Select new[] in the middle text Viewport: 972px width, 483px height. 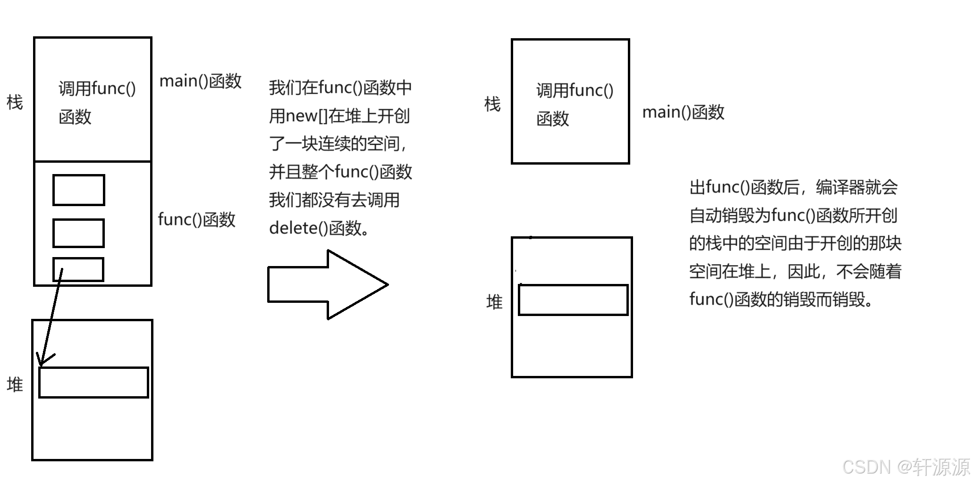coord(306,116)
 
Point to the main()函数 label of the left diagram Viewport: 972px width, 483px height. coord(201,81)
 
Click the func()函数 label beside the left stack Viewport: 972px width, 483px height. coord(196,219)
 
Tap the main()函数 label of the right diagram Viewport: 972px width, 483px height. coord(683,112)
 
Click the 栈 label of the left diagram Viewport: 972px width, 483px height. coord(15,102)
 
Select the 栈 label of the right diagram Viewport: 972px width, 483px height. coord(492,104)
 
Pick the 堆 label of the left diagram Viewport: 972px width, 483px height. coord(15,384)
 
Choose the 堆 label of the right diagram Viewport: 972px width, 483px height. coord(494,302)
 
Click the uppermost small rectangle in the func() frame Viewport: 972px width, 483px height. coord(78,190)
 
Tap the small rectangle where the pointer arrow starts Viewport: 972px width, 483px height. coord(78,269)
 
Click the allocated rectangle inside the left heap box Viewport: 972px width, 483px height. coord(93,383)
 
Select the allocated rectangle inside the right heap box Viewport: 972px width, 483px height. coord(573,300)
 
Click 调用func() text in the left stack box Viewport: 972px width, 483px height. coord(97,89)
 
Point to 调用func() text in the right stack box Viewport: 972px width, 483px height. coord(575,91)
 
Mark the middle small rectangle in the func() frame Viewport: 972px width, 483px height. coord(78,233)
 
